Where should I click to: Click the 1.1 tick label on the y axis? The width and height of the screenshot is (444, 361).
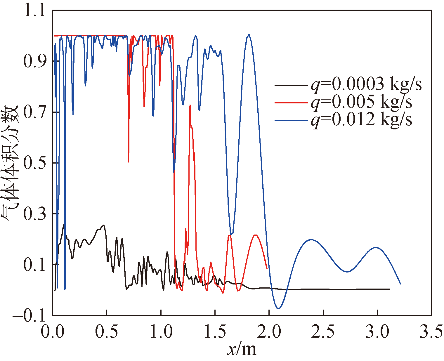[x=34, y=11]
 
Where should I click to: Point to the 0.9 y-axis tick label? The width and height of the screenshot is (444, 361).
[x=34, y=61]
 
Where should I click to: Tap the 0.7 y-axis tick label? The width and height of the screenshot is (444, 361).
[x=34, y=112]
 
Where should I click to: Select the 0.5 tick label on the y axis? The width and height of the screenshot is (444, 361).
[x=34, y=163]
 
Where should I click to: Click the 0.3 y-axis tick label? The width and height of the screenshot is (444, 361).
[x=34, y=214]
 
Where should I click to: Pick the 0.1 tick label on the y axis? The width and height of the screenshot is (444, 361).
[x=34, y=265]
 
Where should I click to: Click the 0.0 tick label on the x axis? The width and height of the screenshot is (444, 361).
[x=53, y=332]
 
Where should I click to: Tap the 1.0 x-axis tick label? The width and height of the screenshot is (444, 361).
[x=161, y=332]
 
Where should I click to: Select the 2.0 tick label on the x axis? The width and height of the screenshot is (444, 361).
[x=269, y=332]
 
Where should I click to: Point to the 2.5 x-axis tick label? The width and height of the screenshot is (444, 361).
[x=323, y=332]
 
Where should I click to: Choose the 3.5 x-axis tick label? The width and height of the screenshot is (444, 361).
[x=431, y=332]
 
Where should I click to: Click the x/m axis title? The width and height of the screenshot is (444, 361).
[x=242, y=349]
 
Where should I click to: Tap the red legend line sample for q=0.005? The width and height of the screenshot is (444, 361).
[x=291, y=103]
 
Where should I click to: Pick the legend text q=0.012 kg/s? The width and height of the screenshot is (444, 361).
[x=361, y=119]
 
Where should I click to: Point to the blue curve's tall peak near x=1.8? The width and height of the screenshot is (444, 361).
[x=249, y=34]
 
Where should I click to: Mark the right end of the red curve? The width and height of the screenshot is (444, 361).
[x=267, y=268]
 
